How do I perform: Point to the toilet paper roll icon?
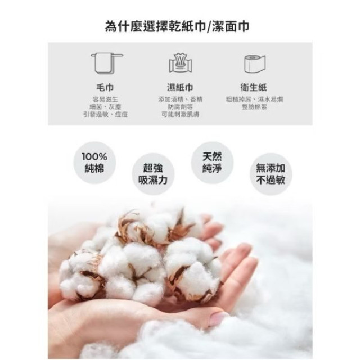(254, 63)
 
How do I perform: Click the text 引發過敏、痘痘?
(106, 114)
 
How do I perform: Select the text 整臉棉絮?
(254, 106)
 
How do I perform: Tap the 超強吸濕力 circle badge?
(152, 174)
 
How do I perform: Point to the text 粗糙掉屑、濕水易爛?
(254, 99)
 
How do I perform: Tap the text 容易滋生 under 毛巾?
(106, 99)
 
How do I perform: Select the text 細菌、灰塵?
(106, 106)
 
